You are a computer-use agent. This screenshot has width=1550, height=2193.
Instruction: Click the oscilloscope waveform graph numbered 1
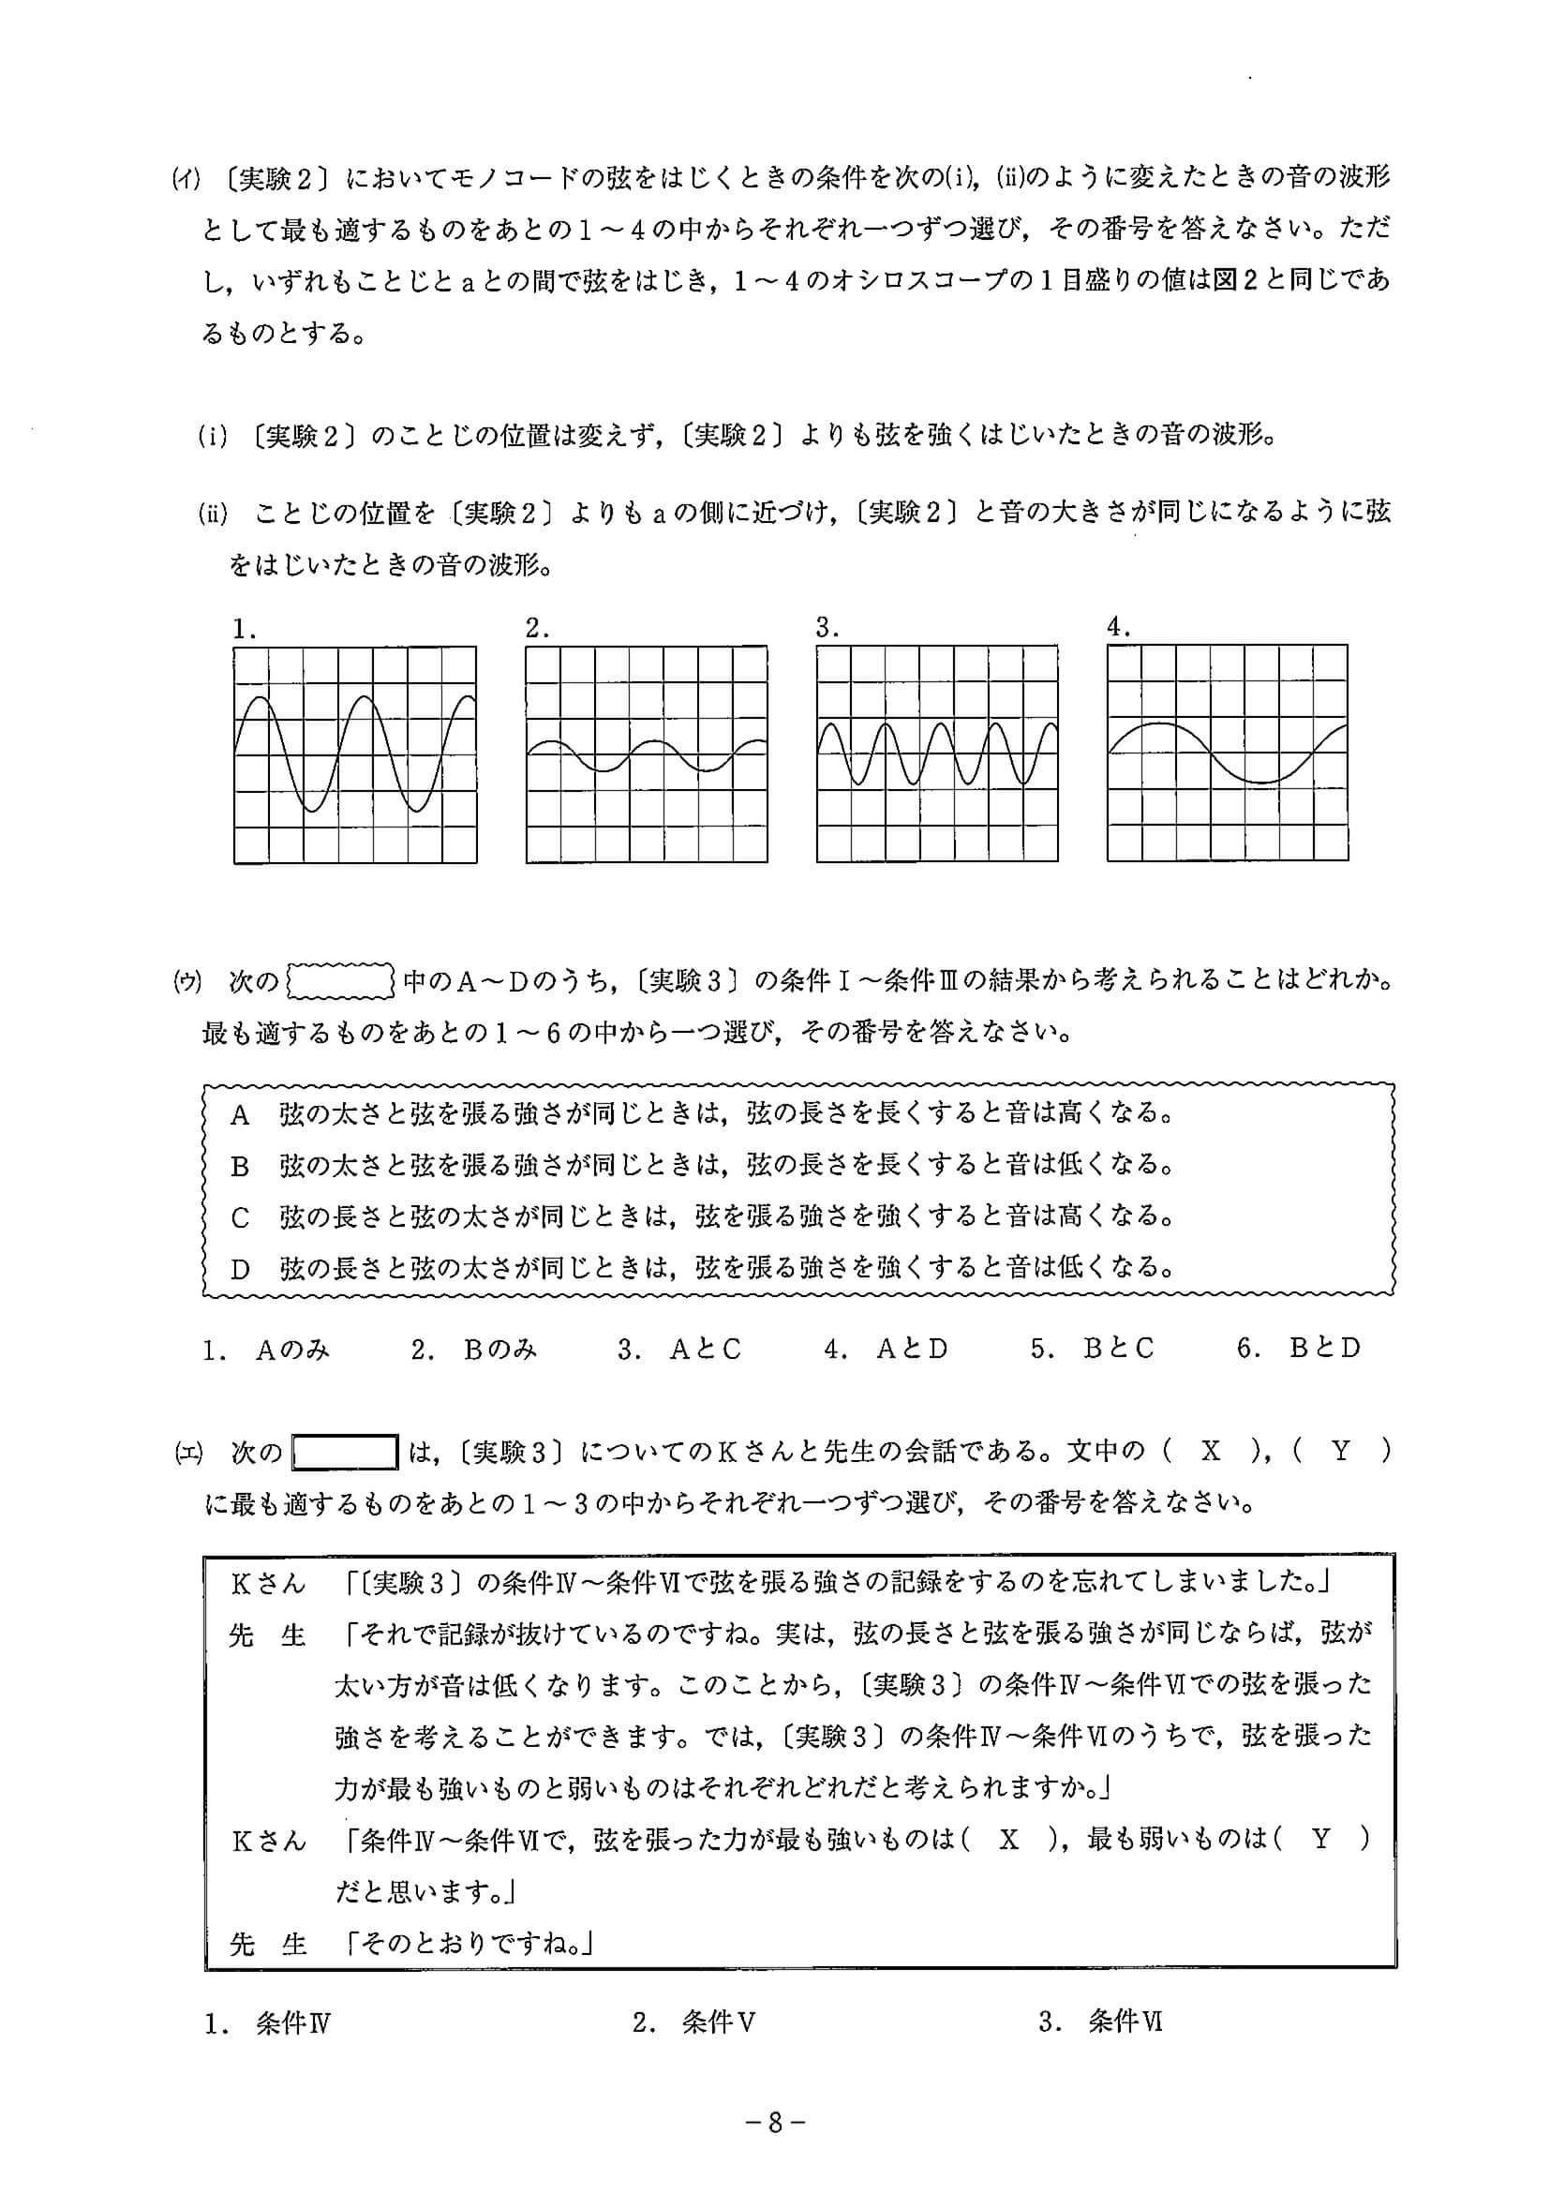(355, 754)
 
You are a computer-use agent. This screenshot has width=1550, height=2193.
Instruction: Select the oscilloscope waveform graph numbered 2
(647, 754)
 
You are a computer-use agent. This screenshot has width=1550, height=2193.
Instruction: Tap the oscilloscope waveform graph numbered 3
(937, 753)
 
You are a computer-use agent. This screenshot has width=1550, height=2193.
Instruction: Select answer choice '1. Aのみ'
(266, 1349)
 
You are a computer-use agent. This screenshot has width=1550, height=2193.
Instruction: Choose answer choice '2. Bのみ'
(473, 1349)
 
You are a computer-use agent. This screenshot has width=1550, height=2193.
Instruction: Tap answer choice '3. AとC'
(679, 1349)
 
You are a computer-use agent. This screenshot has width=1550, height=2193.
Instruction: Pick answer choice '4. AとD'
(886, 1349)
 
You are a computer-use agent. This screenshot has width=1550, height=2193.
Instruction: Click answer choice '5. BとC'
(1092, 1349)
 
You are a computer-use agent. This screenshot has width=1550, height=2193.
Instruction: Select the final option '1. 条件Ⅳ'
(267, 2022)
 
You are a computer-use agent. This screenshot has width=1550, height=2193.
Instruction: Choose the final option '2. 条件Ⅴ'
(694, 2022)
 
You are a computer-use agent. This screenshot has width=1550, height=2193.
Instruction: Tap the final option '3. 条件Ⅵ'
(1100, 2022)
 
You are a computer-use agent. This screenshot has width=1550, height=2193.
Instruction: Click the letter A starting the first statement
(240, 1114)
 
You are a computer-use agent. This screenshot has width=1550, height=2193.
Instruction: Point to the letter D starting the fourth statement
(240, 1269)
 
